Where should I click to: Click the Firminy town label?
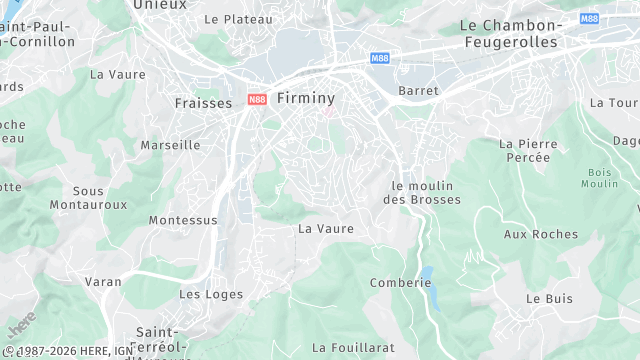(x=305, y=98)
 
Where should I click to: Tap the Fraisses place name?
(x=203, y=103)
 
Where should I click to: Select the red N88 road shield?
(x=257, y=99)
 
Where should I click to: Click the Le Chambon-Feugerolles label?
(x=520, y=33)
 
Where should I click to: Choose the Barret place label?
(x=418, y=91)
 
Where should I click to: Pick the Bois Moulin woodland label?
(x=599, y=178)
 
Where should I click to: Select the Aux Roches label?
(x=541, y=234)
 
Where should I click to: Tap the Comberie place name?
(x=400, y=283)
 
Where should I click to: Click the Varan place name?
(x=103, y=282)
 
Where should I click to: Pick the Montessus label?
(x=183, y=220)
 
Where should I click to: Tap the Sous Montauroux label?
(x=101, y=197)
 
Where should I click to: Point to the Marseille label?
(x=170, y=145)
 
